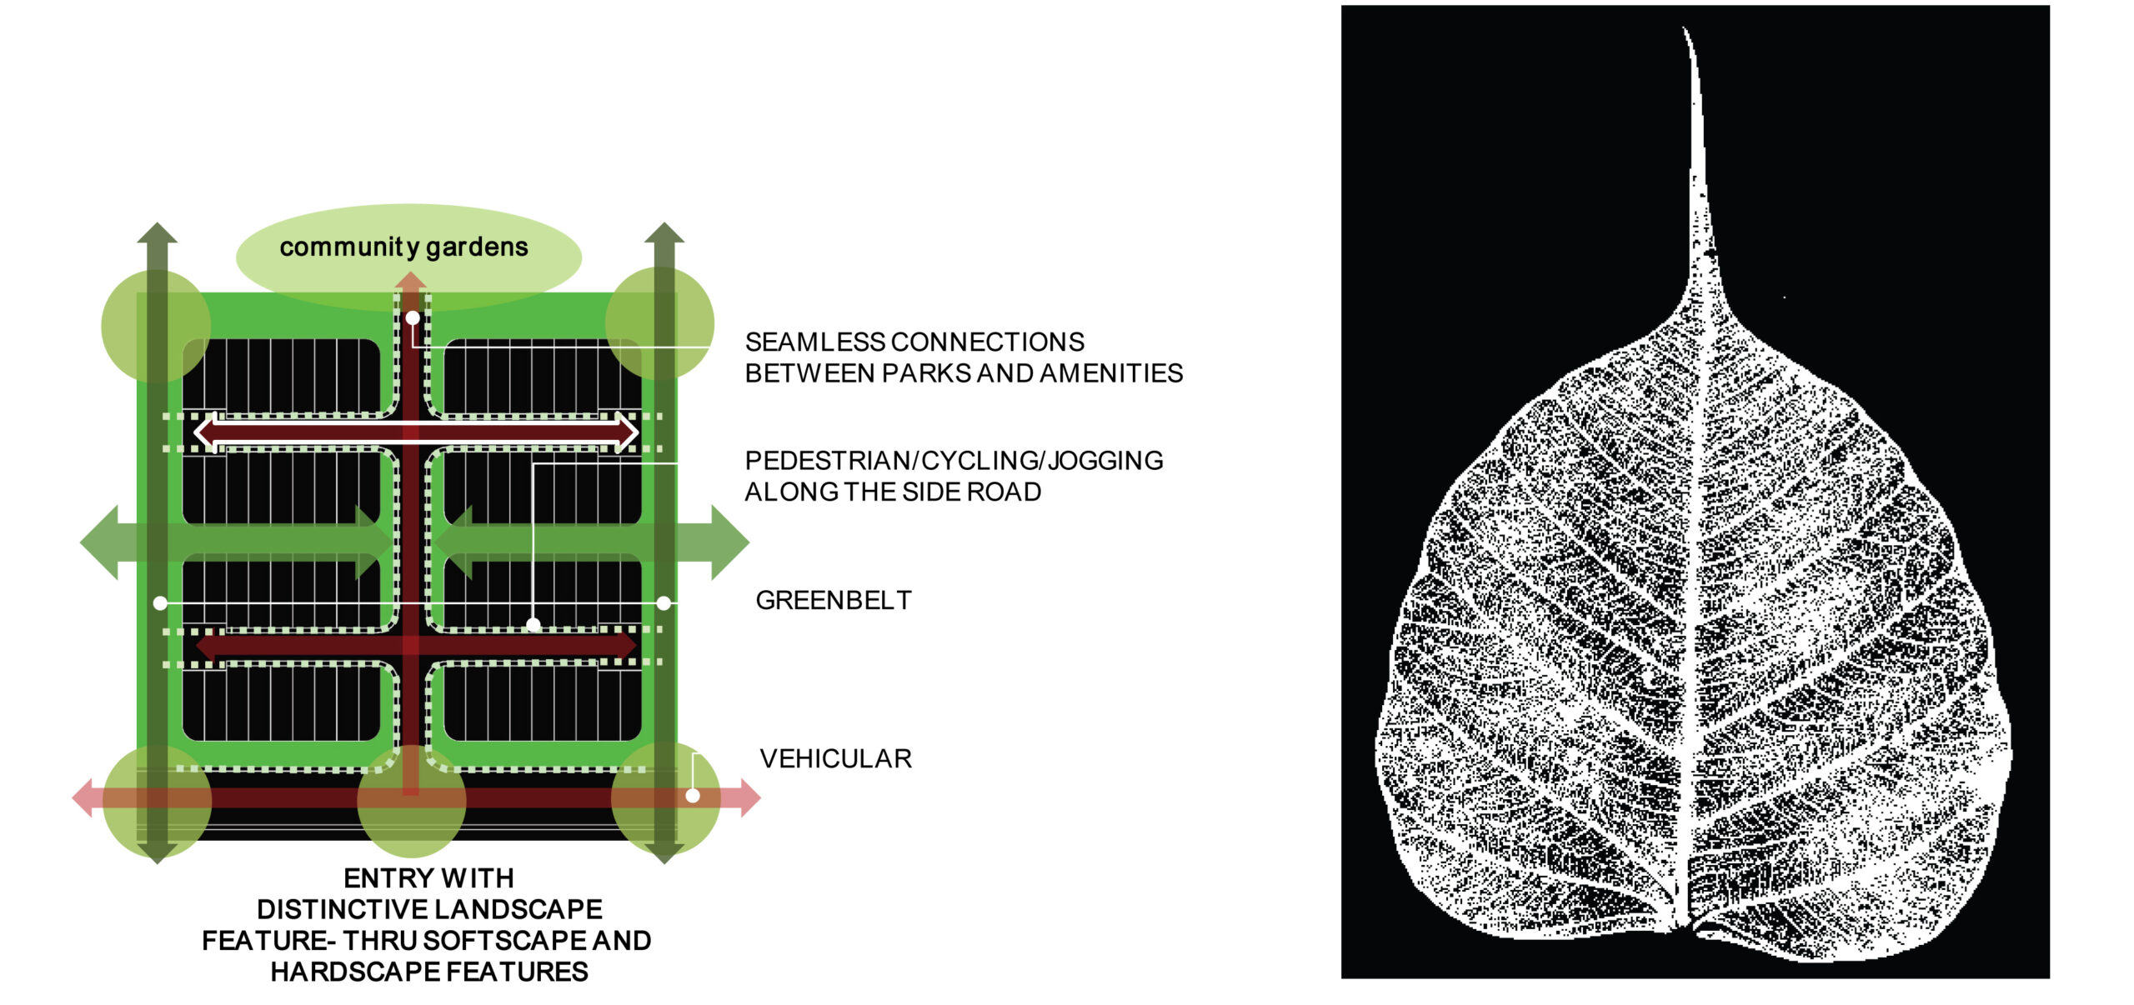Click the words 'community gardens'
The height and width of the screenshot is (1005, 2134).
coord(403,247)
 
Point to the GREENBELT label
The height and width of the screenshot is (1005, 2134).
coord(833,600)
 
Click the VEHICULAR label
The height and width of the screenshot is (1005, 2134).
coord(835,758)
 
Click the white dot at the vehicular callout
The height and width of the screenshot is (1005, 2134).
coord(693,796)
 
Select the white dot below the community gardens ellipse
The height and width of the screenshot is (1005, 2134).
coord(413,317)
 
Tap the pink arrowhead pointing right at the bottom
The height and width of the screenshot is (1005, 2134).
coord(749,797)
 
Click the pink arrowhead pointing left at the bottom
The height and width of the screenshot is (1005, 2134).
coord(83,797)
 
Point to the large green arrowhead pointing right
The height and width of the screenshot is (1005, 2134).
coord(729,542)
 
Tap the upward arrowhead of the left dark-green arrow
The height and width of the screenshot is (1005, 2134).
coord(158,232)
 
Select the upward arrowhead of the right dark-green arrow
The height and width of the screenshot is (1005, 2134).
coord(664,232)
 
